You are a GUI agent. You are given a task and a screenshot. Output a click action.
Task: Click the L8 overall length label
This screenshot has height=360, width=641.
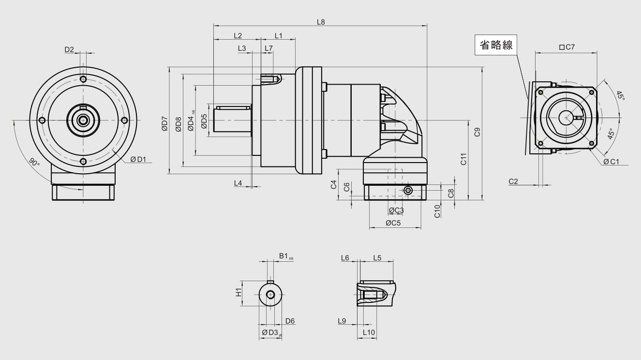(x=321, y=22)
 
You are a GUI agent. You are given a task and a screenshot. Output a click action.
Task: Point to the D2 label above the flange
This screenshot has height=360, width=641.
(x=69, y=49)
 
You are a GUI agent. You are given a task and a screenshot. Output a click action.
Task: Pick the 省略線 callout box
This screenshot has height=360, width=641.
(x=496, y=45)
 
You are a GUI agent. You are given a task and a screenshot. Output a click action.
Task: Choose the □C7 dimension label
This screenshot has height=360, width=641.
(x=567, y=47)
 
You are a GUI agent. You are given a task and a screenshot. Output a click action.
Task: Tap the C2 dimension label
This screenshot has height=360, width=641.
(x=513, y=181)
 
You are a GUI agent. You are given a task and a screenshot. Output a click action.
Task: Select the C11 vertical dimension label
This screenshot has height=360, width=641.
(x=463, y=159)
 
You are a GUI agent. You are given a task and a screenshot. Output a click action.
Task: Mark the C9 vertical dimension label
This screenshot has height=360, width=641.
(x=477, y=132)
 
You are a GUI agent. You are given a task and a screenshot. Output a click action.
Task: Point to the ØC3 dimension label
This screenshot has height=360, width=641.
(x=396, y=210)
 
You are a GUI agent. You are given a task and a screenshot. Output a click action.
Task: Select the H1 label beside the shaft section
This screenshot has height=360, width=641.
(x=239, y=293)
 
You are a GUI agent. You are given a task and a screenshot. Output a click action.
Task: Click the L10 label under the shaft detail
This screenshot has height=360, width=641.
(x=369, y=332)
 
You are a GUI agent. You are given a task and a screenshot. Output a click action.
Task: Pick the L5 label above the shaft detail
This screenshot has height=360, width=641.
(x=377, y=258)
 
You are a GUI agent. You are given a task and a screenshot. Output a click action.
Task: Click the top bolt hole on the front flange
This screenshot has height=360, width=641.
(x=83, y=79)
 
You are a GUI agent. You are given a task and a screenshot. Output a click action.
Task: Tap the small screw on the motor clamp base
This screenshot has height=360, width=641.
(x=408, y=191)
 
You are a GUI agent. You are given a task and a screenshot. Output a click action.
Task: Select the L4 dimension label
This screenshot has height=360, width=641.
(x=238, y=183)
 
